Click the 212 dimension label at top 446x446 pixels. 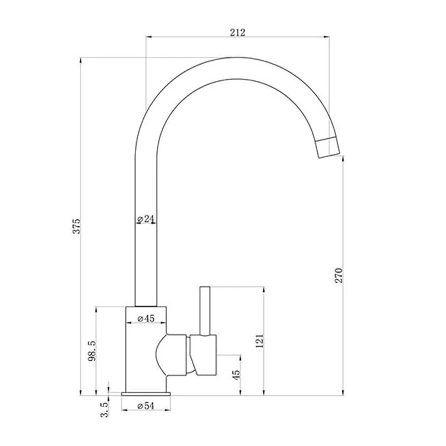click(237, 32)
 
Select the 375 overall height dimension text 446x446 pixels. click(77, 225)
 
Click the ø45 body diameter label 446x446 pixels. click(146, 319)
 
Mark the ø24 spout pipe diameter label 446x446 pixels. click(146, 219)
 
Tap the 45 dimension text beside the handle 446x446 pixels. click(236, 376)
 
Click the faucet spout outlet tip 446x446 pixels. click(327, 147)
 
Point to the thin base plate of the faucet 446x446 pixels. click(146, 394)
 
